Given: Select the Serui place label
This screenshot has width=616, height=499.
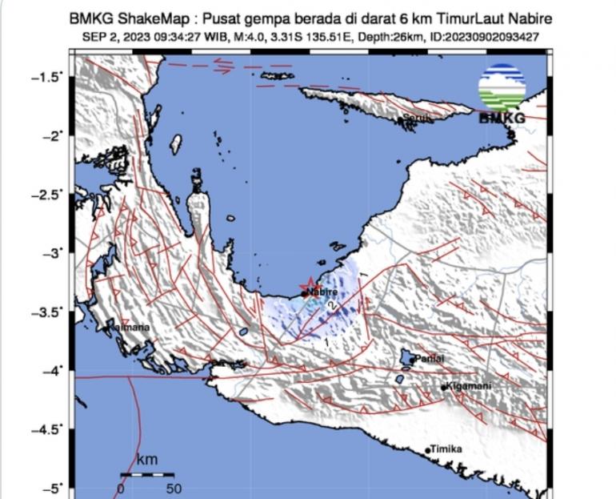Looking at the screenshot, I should tap(417, 118).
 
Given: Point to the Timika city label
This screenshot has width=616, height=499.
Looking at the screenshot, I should tap(446, 449).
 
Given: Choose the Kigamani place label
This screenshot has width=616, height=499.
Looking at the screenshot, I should tap(469, 386).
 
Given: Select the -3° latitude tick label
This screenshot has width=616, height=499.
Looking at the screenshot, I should tap(50, 253).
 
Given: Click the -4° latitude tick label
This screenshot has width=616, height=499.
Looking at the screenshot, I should tap(50, 371).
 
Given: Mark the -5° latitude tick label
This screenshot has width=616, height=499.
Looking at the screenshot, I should tap(50, 488).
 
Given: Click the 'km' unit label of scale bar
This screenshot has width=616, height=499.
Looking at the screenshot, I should tap(146, 460).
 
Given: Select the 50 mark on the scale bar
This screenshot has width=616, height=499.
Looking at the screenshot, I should tap(174, 488).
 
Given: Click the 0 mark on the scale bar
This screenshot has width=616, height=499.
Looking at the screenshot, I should tap(121, 488).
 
